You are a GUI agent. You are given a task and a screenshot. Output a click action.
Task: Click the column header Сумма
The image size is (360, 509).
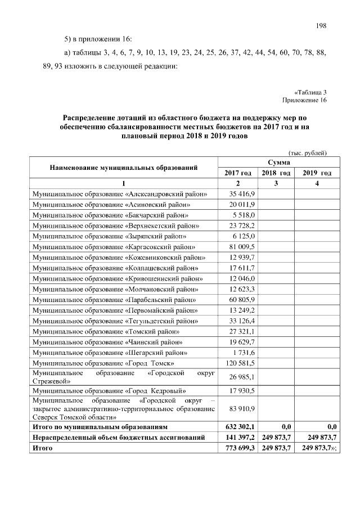275,162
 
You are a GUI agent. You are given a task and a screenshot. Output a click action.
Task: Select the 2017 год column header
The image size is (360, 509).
238,173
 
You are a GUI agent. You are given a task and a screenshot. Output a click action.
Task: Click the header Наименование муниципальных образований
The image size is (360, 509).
124,168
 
